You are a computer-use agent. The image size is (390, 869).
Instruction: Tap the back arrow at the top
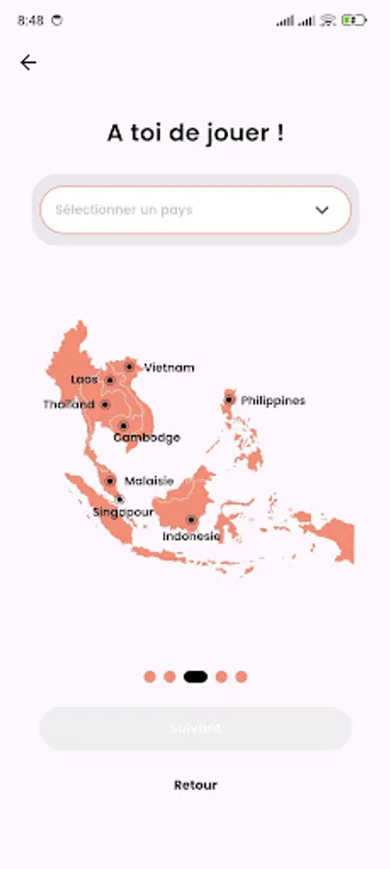click(x=28, y=63)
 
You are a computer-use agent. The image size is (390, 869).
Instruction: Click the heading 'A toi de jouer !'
click(x=195, y=134)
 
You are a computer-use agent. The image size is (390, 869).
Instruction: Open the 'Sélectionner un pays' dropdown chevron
click(x=322, y=210)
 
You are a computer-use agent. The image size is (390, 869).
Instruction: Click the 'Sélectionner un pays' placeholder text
click(x=124, y=210)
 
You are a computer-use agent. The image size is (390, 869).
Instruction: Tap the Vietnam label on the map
click(x=169, y=368)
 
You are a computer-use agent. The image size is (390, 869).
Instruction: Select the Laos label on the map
click(x=85, y=379)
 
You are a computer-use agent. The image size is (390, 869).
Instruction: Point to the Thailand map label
click(x=69, y=405)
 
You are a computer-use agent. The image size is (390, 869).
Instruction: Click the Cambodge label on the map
click(x=147, y=437)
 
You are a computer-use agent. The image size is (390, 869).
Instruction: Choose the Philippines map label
click(x=273, y=400)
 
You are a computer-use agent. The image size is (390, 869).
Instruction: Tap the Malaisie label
click(x=149, y=481)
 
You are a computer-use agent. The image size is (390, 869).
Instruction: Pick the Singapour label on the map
click(x=123, y=512)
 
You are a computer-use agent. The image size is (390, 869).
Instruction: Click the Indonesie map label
click(x=191, y=536)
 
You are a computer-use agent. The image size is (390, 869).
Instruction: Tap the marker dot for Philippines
click(x=230, y=400)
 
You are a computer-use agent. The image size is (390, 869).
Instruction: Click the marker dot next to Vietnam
click(x=129, y=367)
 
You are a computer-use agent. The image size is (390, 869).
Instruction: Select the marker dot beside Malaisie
click(x=110, y=481)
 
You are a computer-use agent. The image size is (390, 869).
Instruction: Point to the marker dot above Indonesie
click(x=191, y=520)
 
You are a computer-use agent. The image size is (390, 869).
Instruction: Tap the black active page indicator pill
click(x=195, y=677)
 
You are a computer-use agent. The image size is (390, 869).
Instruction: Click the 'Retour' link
click(x=195, y=785)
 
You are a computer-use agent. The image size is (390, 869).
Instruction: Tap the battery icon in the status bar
click(x=353, y=19)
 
